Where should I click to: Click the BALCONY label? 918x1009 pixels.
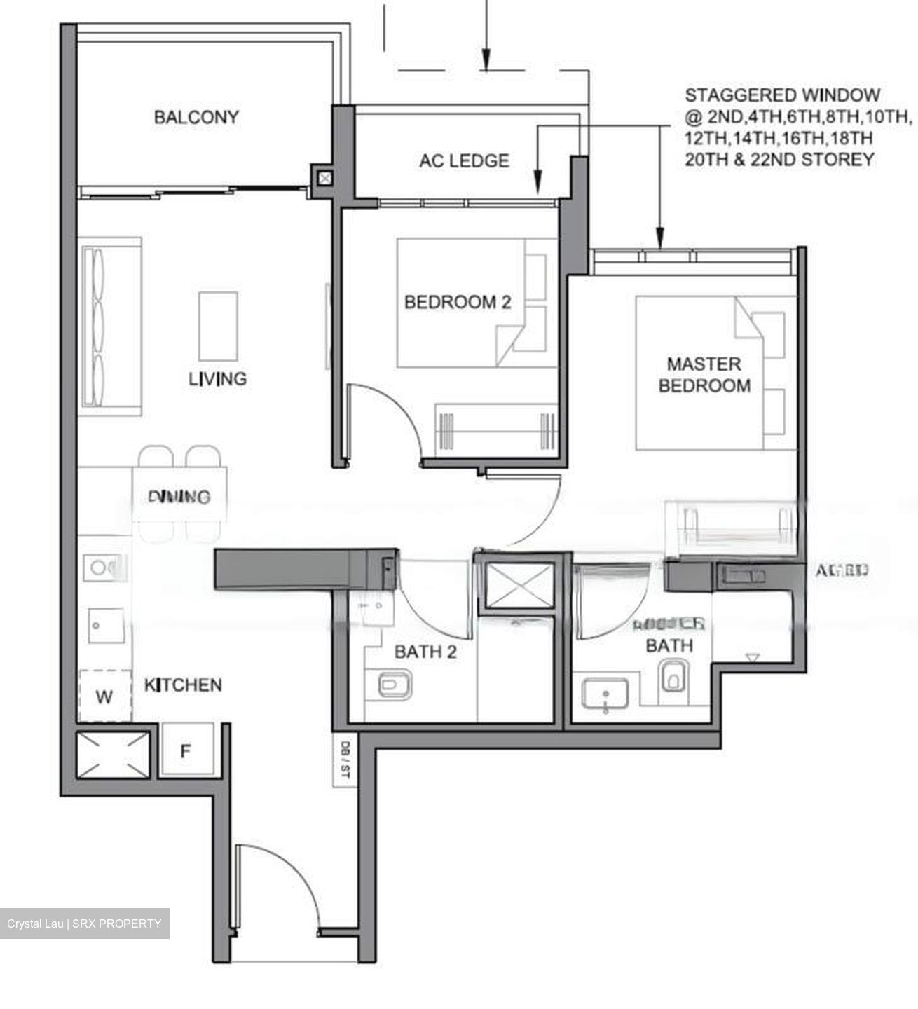pyautogui.click(x=196, y=117)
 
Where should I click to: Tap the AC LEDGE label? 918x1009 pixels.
pyautogui.click(x=464, y=161)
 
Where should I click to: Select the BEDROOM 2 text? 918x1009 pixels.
pyautogui.click(x=458, y=303)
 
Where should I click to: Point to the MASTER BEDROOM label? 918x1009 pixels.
pyautogui.click(x=704, y=375)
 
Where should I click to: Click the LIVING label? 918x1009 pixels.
pyautogui.click(x=217, y=379)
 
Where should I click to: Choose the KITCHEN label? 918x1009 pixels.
pyautogui.click(x=183, y=685)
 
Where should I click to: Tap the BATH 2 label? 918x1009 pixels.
pyautogui.click(x=425, y=652)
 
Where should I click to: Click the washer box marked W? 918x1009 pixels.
pyautogui.click(x=104, y=696)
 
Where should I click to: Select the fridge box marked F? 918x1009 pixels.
pyautogui.click(x=185, y=751)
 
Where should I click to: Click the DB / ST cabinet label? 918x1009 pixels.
pyautogui.click(x=344, y=760)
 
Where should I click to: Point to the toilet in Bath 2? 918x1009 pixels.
pyautogui.click(x=395, y=684)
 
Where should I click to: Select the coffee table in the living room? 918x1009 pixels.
pyautogui.click(x=218, y=327)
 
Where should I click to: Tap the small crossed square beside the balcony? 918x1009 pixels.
pyautogui.click(x=324, y=178)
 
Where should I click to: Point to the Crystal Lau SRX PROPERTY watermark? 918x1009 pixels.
pyautogui.click(x=84, y=924)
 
